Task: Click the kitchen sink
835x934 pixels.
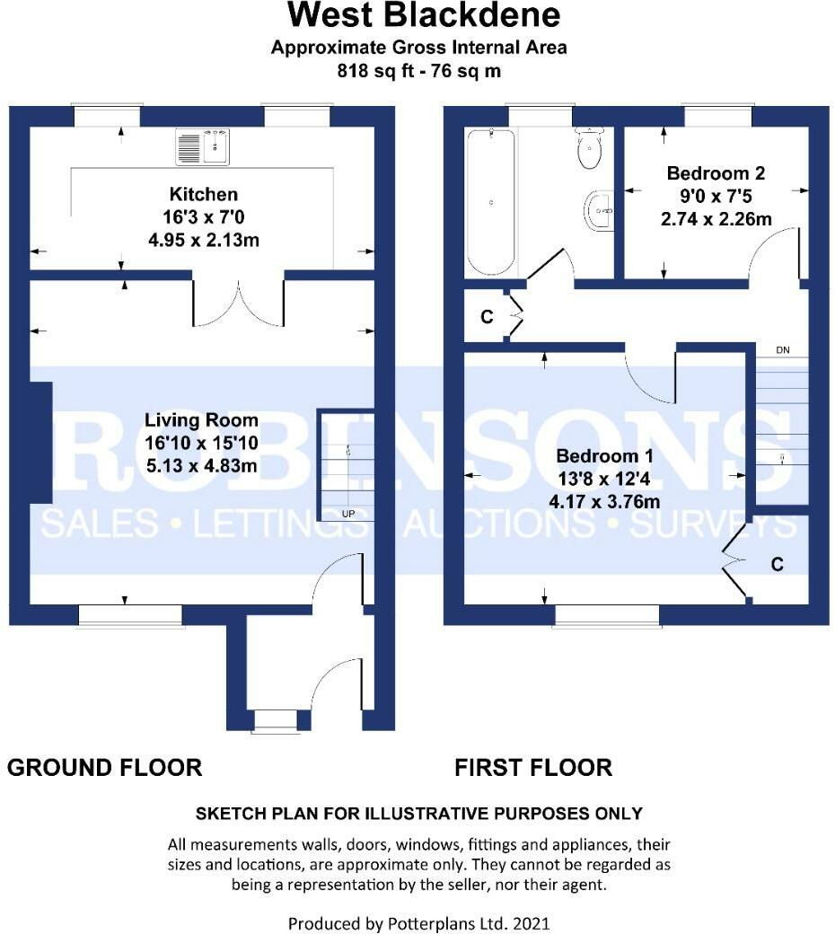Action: click(203, 147)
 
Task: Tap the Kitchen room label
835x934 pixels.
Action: click(204, 194)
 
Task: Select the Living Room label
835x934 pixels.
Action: click(201, 420)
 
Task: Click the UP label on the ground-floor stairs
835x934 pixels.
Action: click(347, 514)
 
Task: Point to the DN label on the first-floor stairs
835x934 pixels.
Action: click(783, 350)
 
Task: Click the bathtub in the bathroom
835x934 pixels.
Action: click(491, 201)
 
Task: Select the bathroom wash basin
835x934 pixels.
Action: click(599, 209)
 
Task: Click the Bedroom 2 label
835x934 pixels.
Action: click(716, 173)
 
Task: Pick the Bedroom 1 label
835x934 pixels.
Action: click(604, 456)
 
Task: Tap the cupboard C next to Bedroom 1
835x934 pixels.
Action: click(777, 564)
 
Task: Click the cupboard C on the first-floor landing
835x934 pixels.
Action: click(487, 317)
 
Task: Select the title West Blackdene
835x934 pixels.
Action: click(424, 15)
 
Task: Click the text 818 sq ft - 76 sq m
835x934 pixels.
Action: click(418, 71)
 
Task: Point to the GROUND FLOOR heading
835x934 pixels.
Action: click(105, 768)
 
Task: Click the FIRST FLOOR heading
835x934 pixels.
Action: click(533, 768)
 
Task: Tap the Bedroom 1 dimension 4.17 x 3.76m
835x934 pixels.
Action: click(604, 501)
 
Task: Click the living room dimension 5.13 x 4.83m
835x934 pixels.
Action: click(202, 465)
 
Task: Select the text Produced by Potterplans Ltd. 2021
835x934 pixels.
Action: click(418, 924)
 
